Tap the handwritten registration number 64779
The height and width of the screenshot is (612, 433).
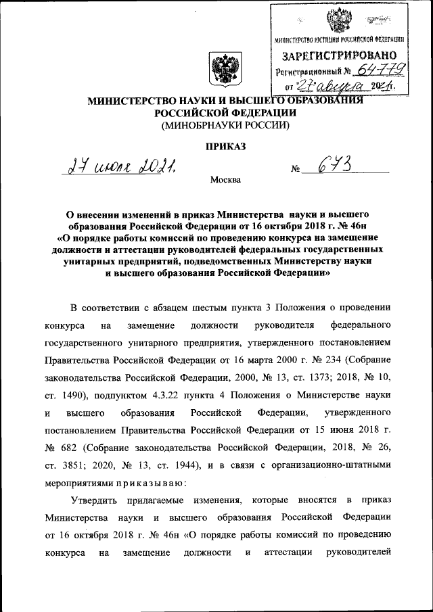[382, 70]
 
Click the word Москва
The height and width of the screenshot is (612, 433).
[225, 180]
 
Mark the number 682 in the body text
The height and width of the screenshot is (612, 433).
[72, 448]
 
